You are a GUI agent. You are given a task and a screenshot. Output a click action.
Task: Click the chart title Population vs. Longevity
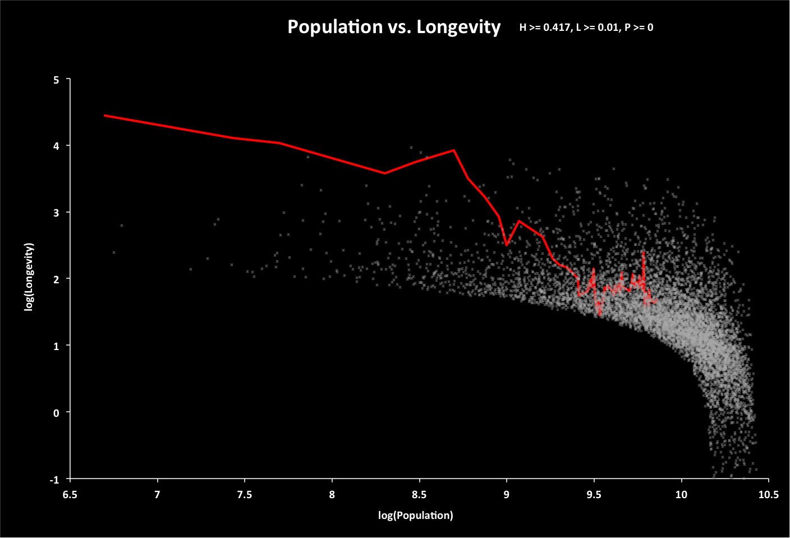click(x=393, y=27)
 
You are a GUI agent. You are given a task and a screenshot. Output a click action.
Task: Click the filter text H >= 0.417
click(x=543, y=27)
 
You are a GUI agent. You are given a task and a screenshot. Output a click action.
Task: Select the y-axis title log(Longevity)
click(x=29, y=277)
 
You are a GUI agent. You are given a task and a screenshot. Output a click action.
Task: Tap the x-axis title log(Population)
click(x=415, y=515)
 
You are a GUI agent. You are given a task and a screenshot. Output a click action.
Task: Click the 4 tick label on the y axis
click(x=56, y=146)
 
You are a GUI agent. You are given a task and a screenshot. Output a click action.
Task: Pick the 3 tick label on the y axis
click(x=56, y=213)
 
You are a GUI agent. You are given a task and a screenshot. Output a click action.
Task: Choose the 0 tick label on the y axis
click(x=56, y=413)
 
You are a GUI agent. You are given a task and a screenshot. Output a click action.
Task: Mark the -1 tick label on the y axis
click(x=54, y=480)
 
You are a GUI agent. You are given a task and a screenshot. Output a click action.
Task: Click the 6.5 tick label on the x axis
click(x=70, y=494)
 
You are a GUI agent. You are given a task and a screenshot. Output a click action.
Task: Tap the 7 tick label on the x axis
click(x=157, y=494)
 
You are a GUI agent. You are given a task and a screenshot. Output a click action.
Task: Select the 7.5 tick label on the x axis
click(x=245, y=494)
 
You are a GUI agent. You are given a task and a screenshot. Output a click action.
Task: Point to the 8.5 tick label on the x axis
click(x=419, y=494)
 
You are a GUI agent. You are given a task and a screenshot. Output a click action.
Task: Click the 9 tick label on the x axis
click(x=507, y=494)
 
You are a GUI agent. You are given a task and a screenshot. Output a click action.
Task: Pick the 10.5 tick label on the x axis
click(x=769, y=494)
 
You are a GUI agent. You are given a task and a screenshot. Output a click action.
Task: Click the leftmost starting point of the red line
click(x=105, y=116)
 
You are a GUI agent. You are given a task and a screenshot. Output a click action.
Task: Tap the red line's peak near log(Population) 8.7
click(x=453, y=150)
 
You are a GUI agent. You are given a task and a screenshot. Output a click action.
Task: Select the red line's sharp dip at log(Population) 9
click(x=507, y=245)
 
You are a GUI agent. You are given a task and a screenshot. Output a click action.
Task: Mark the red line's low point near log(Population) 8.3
click(x=384, y=173)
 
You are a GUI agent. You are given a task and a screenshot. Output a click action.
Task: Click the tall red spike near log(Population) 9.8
click(x=643, y=253)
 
